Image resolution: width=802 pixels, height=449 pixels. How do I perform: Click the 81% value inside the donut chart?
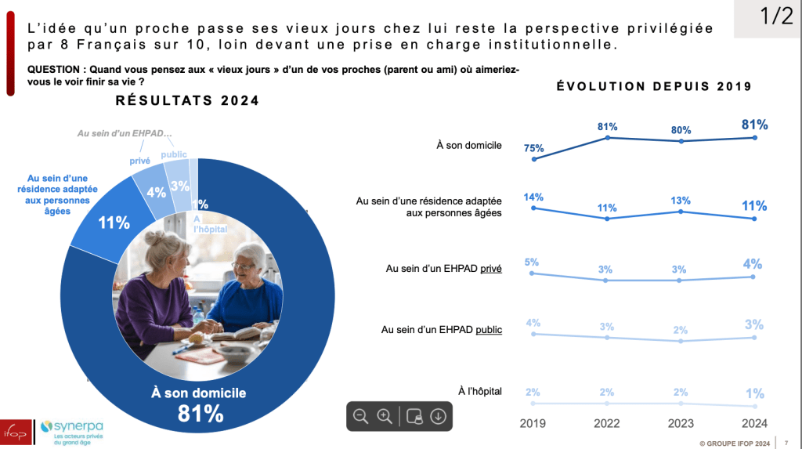coord(199,413)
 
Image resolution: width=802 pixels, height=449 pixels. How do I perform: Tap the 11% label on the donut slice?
coord(114,223)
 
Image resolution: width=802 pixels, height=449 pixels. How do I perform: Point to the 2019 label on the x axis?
coord(533,422)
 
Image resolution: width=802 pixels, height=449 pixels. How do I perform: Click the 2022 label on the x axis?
coord(607,422)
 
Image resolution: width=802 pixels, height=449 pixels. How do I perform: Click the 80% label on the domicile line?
coord(681,130)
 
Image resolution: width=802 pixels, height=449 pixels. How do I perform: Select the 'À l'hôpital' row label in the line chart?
coord(479,391)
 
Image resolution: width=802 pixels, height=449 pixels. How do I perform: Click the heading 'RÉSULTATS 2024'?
coord(187,101)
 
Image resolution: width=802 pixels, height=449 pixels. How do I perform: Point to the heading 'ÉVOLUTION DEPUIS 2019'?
coord(654,86)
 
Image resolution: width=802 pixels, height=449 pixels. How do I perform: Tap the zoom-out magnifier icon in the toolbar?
coord(361,416)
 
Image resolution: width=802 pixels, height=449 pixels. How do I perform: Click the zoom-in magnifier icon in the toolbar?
coord(385,416)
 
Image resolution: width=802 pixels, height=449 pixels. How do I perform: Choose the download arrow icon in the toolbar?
coord(438,416)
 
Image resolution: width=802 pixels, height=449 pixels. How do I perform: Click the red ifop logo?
coord(15,432)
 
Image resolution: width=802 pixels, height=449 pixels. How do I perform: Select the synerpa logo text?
coord(77,425)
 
